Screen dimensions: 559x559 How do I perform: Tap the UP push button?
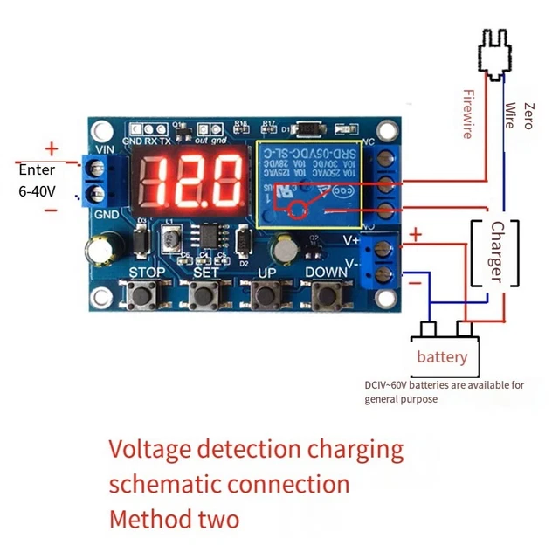tap(265, 296)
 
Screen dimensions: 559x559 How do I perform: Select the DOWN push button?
tap(326, 296)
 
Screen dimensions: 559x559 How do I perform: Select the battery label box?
tap(441, 356)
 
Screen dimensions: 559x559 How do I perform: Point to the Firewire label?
tap(467, 114)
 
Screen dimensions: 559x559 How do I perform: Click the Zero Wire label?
tap(518, 114)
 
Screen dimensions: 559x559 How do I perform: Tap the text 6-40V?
tap(37, 190)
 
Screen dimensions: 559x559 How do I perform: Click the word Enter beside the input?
tap(36, 169)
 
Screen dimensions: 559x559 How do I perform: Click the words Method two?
tap(174, 519)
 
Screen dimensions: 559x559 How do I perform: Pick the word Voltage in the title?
tap(148, 450)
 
